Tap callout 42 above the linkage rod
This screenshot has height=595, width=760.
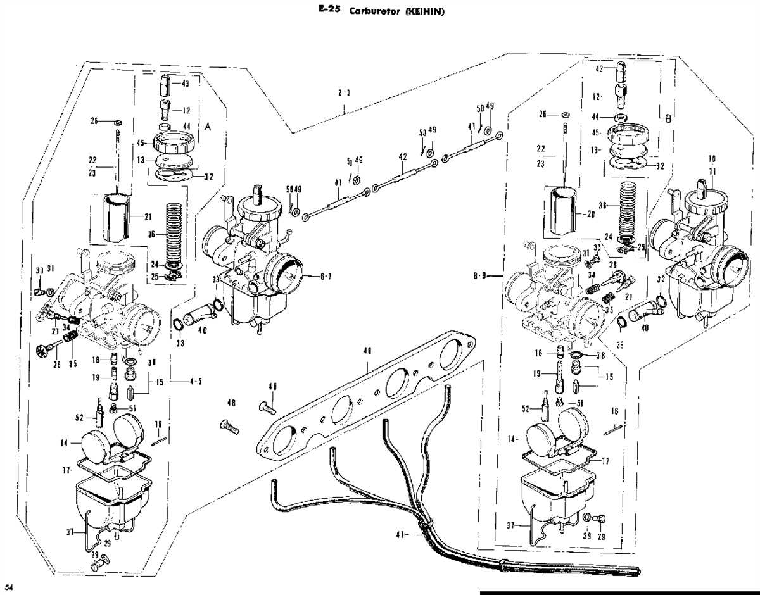pos(402,156)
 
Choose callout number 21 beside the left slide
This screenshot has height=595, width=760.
pos(148,216)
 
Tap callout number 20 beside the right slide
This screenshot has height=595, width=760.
pos(592,214)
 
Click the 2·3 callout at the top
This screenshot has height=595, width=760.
pos(345,92)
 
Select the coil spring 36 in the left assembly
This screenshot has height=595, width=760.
pos(174,231)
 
